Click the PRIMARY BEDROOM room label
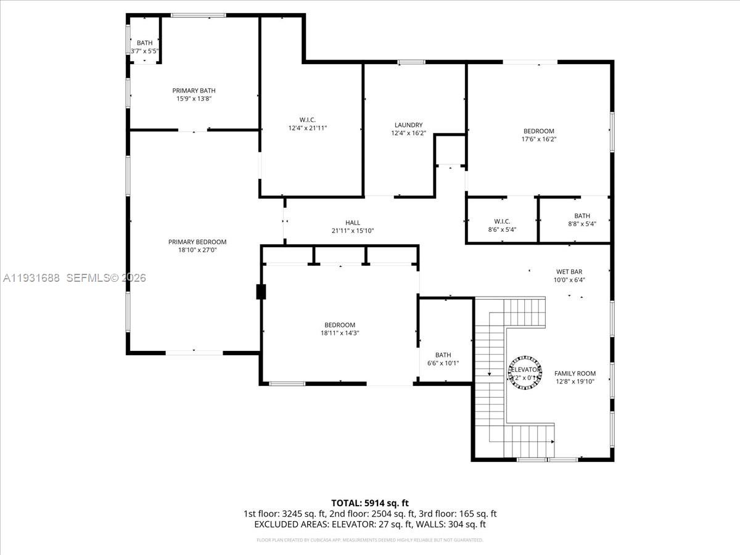197,242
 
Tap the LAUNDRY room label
408,125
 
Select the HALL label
353,223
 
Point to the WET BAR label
569,271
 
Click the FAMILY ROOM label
575,373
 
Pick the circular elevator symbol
525,372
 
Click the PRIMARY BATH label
193,91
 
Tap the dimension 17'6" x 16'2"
539,139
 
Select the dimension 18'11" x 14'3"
340,333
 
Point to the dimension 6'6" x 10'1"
443,363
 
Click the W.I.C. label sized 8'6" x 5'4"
502,221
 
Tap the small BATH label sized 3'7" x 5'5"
145,43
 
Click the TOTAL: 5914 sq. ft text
370,503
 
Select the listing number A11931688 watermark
32,278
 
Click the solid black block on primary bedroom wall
261,292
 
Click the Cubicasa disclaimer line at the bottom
370,540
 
